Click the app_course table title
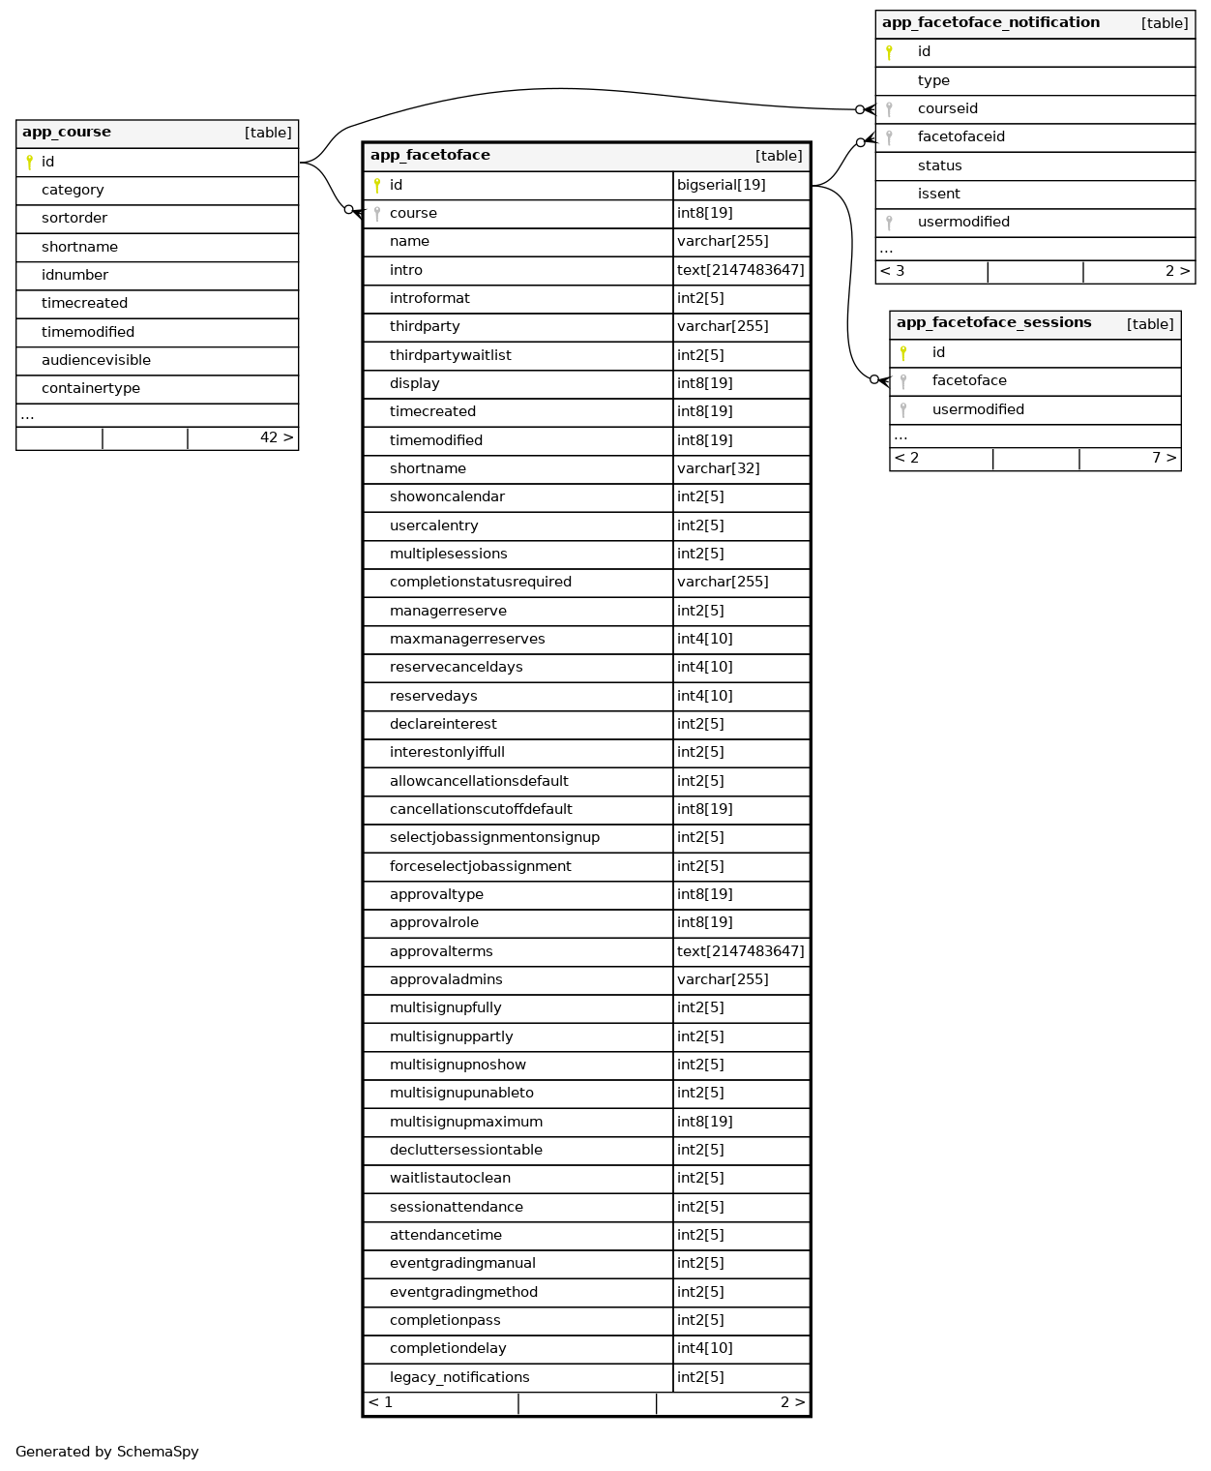[67, 133]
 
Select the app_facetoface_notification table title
[990, 23]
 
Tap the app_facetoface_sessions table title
[993, 323]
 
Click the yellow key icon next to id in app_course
[30, 163]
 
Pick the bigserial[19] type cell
[722, 185]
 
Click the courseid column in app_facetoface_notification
[947, 109]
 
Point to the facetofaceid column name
[960, 137]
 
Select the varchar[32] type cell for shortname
[719, 468]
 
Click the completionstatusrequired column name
[480, 583]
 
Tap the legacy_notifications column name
[459, 1377]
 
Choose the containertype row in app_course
[91, 389]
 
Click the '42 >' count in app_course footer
[276, 438]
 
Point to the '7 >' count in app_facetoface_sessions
[1164, 459]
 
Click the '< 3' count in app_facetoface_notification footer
[893, 272]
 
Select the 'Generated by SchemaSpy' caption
[107, 1452]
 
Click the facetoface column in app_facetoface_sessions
[969, 381]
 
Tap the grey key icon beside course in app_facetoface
[377, 214]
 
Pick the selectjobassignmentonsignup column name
[494, 838]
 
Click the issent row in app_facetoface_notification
[938, 195]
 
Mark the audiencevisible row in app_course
[96, 361]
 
